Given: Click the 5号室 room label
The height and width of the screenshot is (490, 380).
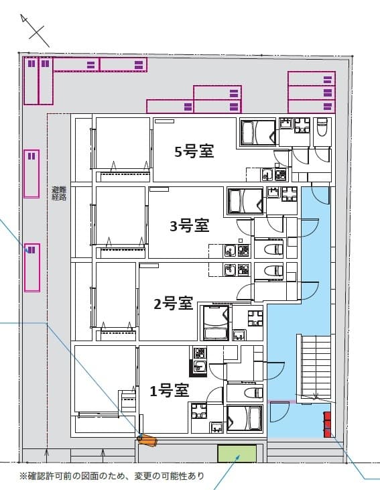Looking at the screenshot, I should [x=194, y=151].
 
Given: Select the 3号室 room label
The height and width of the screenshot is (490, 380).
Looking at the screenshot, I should [x=190, y=226].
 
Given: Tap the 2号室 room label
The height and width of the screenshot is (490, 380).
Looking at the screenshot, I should [x=174, y=304].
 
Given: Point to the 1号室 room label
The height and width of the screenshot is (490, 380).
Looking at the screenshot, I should [x=168, y=390].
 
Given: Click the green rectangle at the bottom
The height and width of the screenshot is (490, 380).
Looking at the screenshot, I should [x=237, y=454].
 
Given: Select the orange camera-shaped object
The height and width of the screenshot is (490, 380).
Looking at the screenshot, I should [x=147, y=440].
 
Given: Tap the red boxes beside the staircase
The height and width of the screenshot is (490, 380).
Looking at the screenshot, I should [x=327, y=424].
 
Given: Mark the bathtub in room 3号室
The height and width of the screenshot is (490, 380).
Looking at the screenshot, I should [x=245, y=201].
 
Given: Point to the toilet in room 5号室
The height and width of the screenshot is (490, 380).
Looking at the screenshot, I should [x=321, y=127].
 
